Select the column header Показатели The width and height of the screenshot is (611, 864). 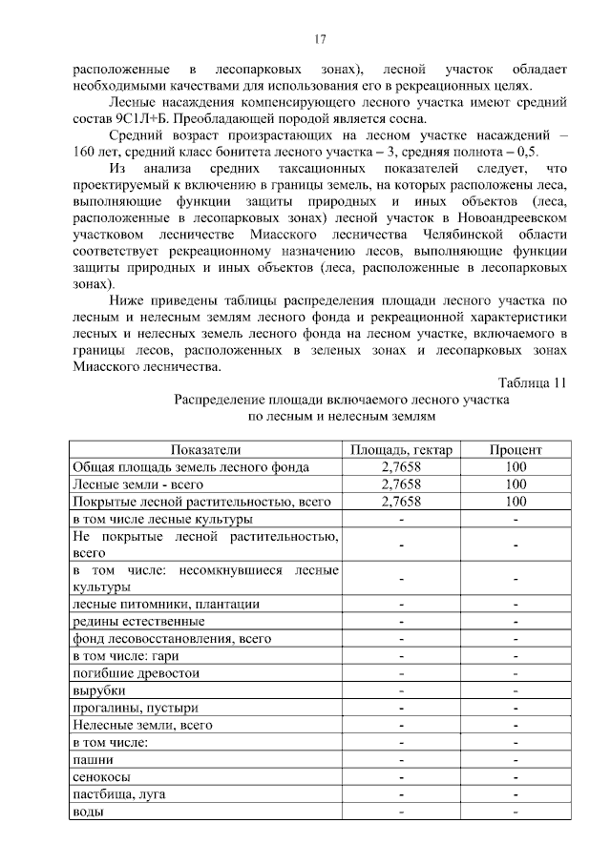(x=206, y=450)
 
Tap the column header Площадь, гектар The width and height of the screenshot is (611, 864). (x=401, y=450)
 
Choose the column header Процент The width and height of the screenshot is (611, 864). (x=516, y=450)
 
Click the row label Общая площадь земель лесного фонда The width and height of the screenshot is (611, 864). (x=191, y=467)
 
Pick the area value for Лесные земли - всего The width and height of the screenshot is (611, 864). (x=401, y=484)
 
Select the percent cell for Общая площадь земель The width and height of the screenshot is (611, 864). (x=516, y=467)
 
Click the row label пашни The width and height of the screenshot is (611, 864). (x=94, y=760)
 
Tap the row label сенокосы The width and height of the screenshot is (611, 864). (x=101, y=777)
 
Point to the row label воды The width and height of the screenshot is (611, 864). (x=89, y=812)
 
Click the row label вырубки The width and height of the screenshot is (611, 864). (x=99, y=690)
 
